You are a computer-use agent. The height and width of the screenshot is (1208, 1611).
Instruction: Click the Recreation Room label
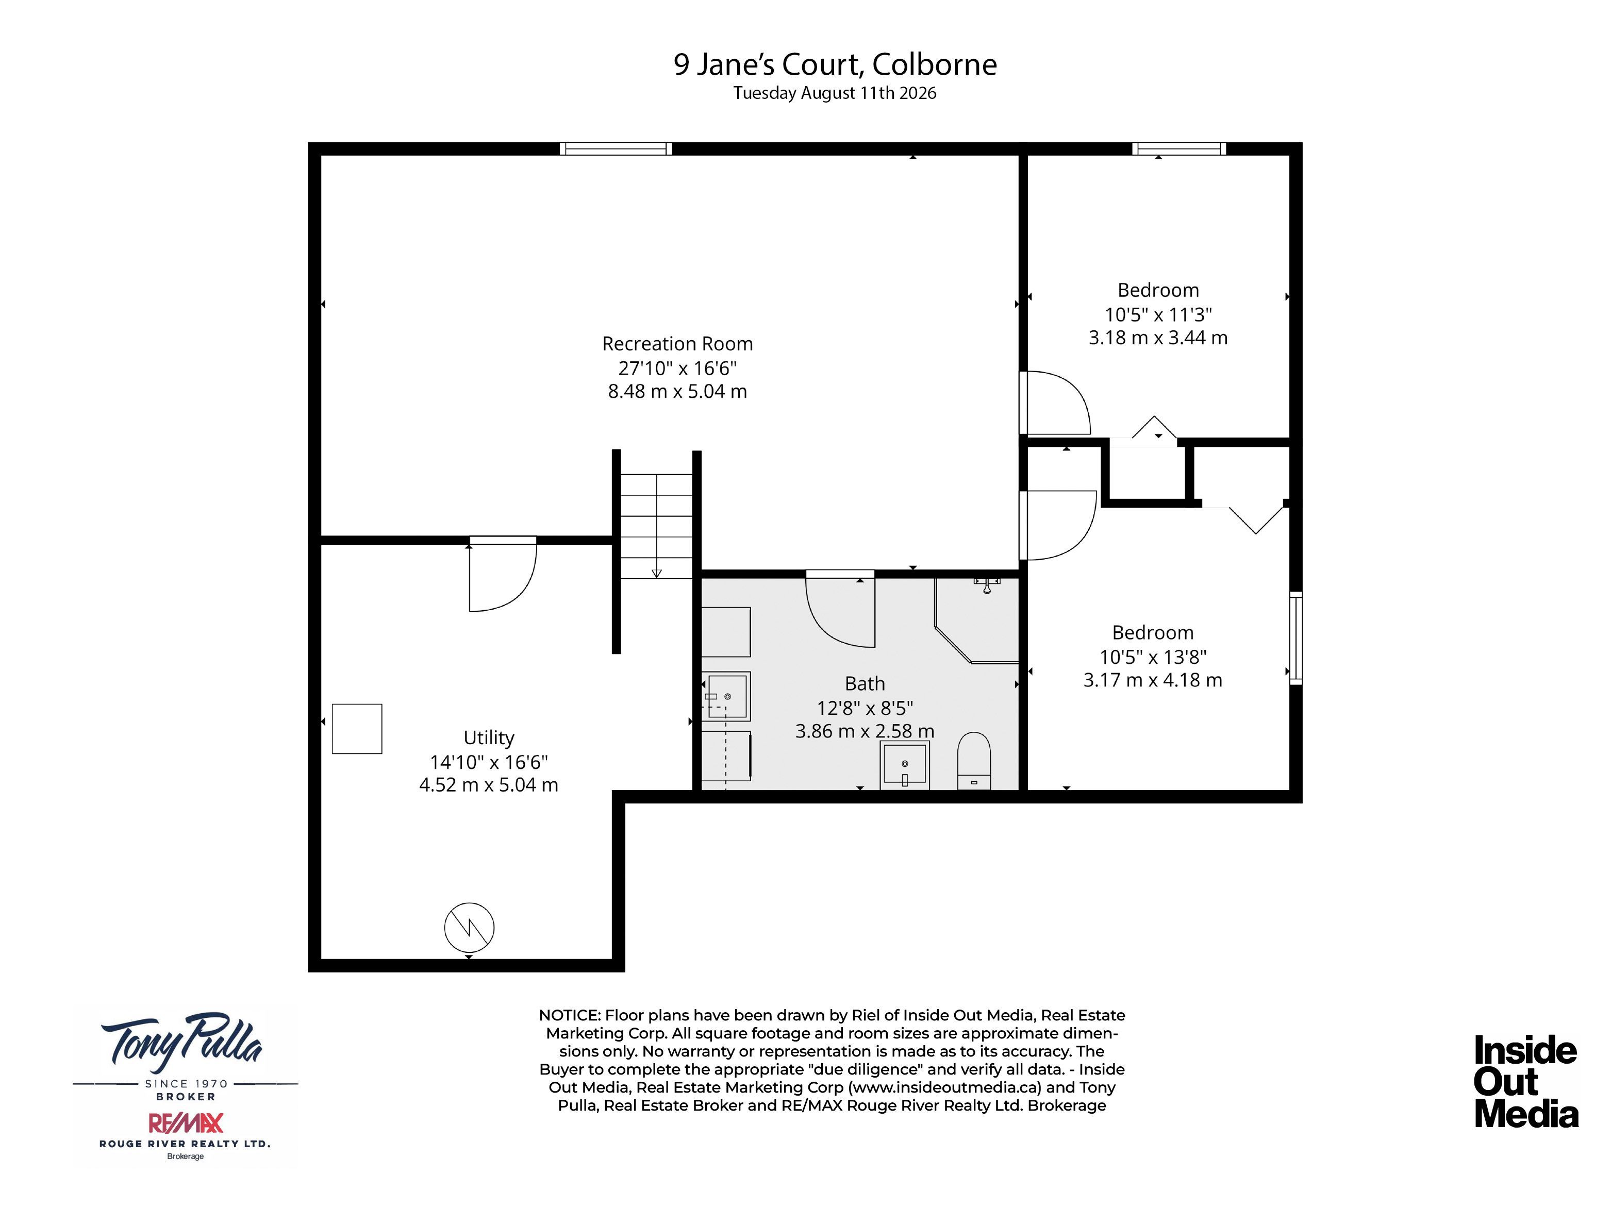pyautogui.click(x=677, y=344)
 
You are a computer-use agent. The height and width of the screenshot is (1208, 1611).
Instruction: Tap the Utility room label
pyautogui.click(x=489, y=737)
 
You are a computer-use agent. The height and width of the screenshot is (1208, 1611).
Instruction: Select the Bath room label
pyautogui.click(x=865, y=684)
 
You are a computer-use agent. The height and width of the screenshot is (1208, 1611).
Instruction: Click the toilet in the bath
pyautogui.click(x=974, y=760)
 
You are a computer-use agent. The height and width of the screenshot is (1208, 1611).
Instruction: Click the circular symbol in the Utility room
pyautogui.click(x=469, y=928)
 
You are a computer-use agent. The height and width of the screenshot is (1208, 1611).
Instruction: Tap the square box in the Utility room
pyautogui.click(x=357, y=728)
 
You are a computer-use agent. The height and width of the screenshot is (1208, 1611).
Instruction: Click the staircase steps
pyautogui.click(x=656, y=526)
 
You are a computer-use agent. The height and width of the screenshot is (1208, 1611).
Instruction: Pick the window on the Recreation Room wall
pyautogui.click(x=616, y=148)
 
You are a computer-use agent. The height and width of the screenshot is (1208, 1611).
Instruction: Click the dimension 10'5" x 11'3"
pyautogui.click(x=1158, y=314)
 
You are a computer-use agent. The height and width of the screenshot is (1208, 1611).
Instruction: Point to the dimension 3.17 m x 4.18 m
pyautogui.click(x=1152, y=680)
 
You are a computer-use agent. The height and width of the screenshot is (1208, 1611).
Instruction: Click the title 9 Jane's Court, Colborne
pyautogui.click(x=835, y=64)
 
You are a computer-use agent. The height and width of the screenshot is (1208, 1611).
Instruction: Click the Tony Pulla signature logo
pyautogui.click(x=182, y=1039)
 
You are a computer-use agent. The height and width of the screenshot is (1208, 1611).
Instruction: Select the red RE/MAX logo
pyautogui.click(x=186, y=1123)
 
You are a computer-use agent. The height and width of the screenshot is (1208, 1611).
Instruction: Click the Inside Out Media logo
pyautogui.click(x=1526, y=1081)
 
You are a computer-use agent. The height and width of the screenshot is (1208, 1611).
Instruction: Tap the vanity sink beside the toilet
pyautogui.click(x=905, y=765)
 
